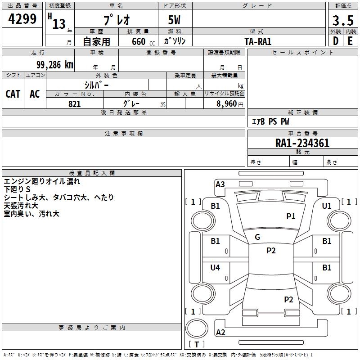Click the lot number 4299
pos(22,19)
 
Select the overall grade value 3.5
pos(343,20)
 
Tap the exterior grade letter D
pos(336,41)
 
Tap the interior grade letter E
pos(350,41)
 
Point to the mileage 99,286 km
pos(54,65)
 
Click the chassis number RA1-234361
pos(302,143)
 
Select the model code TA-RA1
pos(258,41)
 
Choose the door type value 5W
pos(174,20)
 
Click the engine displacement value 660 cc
pos(143,41)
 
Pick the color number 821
pos(75,104)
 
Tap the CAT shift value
pos(13,94)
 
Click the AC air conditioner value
pos(35,94)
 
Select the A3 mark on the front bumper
pos(220,184)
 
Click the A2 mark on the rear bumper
pos(220,332)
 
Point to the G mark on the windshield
pos(257,237)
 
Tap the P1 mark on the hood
pos(291,216)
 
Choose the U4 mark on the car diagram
pos(215,267)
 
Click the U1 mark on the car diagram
pos(327,206)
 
